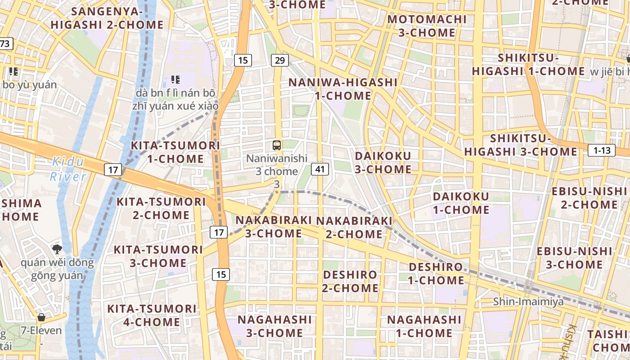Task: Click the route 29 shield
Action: coord(280,60)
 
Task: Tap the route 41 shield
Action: coord(320,169)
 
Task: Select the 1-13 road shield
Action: coord(602,150)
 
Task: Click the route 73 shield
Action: coord(5,44)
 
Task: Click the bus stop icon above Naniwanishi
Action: coord(277,145)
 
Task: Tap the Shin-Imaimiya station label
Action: coord(528,301)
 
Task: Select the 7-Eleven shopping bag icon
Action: coord(41,317)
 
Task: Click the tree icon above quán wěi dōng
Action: coord(57,248)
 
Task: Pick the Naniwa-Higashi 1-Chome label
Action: coord(343,89)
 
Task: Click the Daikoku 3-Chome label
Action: coord(383,162)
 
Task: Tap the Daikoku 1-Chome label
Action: coord(461,203)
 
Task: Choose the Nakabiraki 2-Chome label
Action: coord(354,227)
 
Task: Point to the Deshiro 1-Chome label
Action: coord(436,274)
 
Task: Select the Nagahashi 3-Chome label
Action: coord(274,326)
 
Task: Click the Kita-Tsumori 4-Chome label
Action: coord(152,315)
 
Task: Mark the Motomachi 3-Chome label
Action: coord(427,26)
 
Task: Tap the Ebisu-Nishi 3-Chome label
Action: coord(574,258)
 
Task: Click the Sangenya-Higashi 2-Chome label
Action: coord(107,18)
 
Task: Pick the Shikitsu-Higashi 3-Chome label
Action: coord(521,145)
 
